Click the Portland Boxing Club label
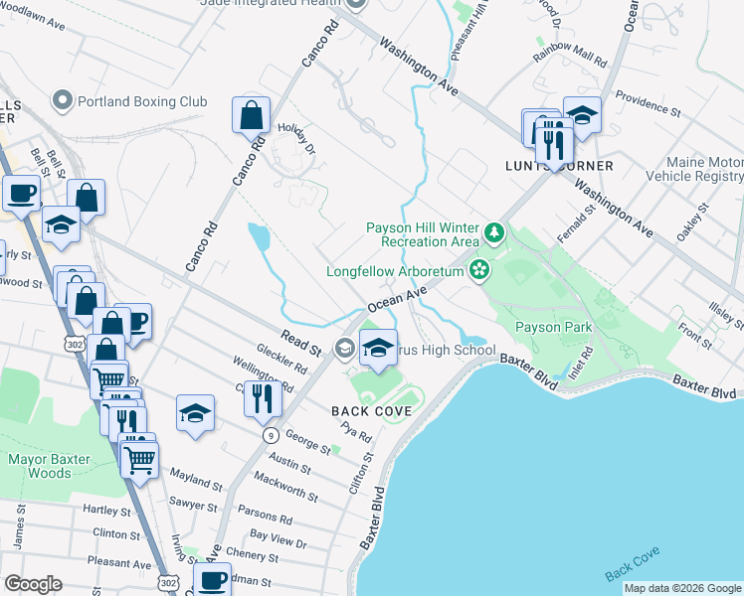point(141,101)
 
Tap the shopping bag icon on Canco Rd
point(252,115)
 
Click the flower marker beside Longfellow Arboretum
point(480,270)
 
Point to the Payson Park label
point(553,327)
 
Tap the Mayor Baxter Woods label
point(54,466)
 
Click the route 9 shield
point(270,435)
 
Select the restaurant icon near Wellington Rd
point(262,398)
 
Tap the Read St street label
point(300,347)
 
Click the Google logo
point(33,584)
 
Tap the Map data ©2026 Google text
point(682,588)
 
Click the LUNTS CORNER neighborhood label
point(573,166)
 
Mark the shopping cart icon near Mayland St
point(140,459)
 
